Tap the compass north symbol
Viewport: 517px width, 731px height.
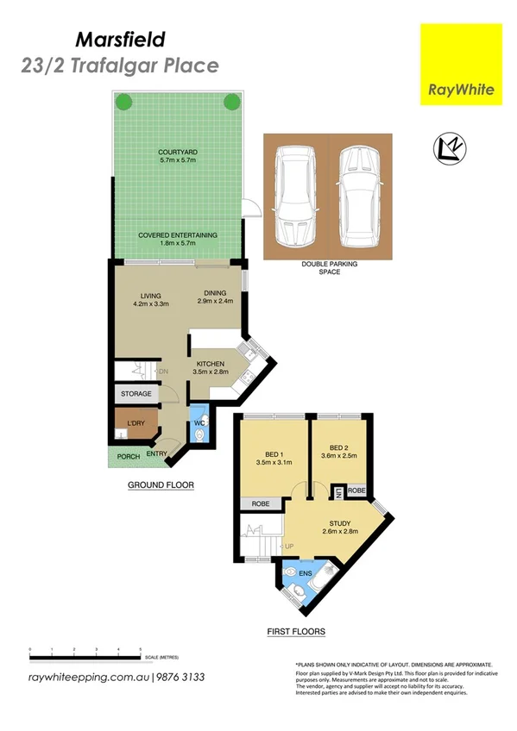pyautogui.click(x=450, y=149)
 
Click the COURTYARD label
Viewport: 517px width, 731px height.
pyautogui.click(x=179, y=153)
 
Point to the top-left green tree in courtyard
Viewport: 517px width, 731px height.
pyautogui.click(x=124, y=102)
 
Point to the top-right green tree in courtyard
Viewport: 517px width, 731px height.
pyautogui.click(x=231, y=102)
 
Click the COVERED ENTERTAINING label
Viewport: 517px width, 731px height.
pyautogui.click(x=179, y=235)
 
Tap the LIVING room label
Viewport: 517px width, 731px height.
pyautogui.click(x=150, y=294)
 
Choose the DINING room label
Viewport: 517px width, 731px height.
pyautogui.click(x=209, y=294)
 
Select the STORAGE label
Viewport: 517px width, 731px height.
pyautogui.click(x=136, y=394)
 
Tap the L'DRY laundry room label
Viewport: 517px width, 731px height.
pyautogui.click(x=136, y=422)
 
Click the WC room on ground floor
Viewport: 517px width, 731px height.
pyautogui.click(x=199, y=425)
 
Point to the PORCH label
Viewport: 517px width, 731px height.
pyautogui.click(x=129, y=456)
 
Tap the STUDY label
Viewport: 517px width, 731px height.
pyautogui.click(x=339, y=523)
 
